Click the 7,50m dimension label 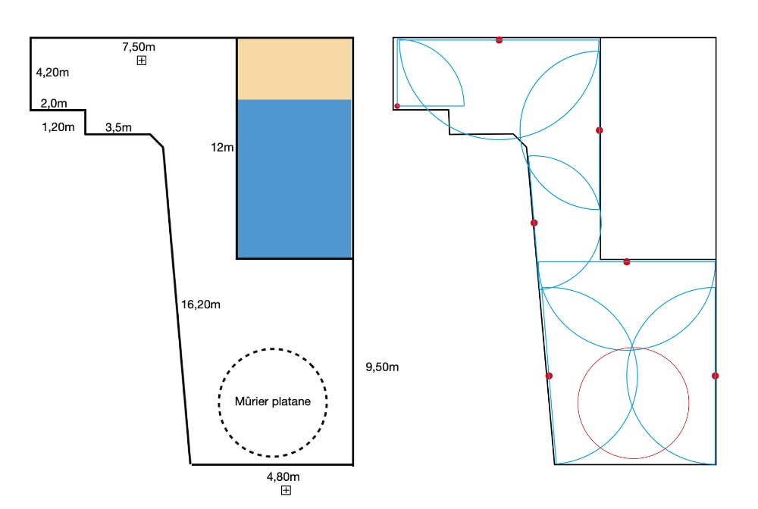pos(139,47)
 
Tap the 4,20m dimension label pos(53,73)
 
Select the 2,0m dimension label pos(54,103)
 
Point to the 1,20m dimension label pos(58,127)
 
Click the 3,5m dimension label pos(118,127)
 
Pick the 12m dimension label pos(222,147)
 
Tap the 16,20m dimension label pos(201,304)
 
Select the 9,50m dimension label pos(382,367)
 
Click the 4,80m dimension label pos(283,476)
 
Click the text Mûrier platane pos(273,401)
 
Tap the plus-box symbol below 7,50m pos(142,61)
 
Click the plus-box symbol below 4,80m pos(287,490)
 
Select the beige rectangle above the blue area pos(294,69)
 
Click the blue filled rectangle pos(294,179)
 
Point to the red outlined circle pos(633,348)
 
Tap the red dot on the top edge pos(499,40)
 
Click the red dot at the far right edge pos(715,376)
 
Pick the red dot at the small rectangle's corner pos(397,106)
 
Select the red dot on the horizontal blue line pos(627,262)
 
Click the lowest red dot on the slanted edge pos(549,376)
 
